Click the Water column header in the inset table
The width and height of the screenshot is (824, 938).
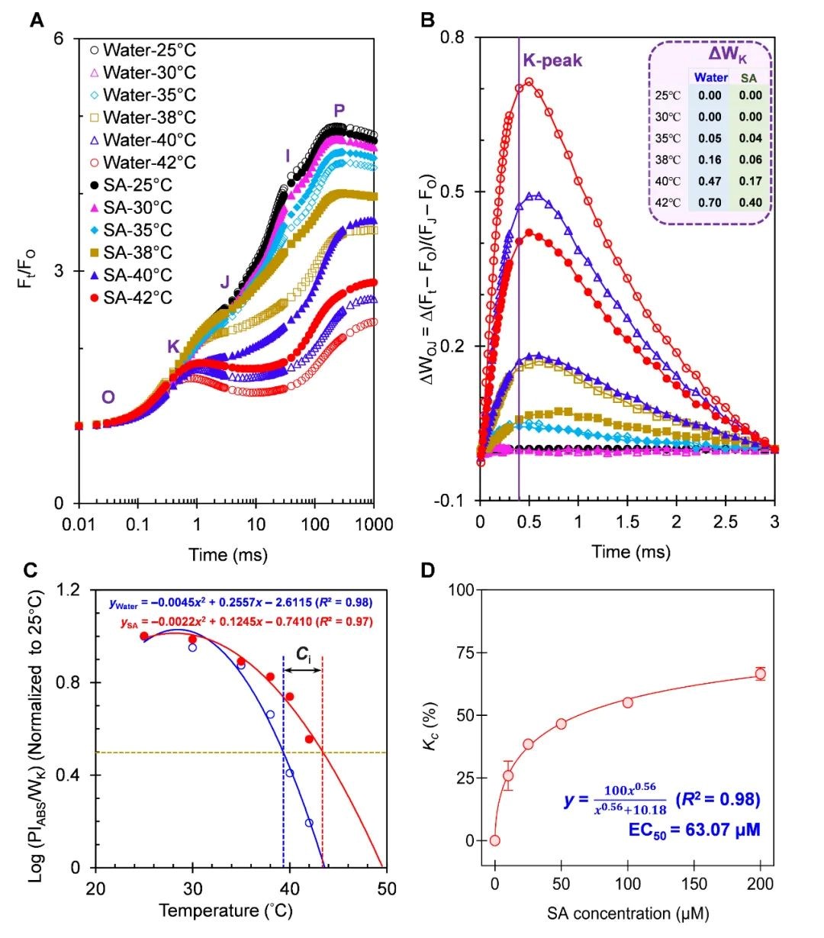coord(710,77)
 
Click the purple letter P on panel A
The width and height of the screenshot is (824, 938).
coord(339,111)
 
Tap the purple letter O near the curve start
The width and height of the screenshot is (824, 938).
coord(108,397)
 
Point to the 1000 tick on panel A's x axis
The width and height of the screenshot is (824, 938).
coord(373,524)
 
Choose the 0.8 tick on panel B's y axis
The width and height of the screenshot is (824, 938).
coord(452,37)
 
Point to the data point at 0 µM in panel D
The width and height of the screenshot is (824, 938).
coord(495,840)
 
